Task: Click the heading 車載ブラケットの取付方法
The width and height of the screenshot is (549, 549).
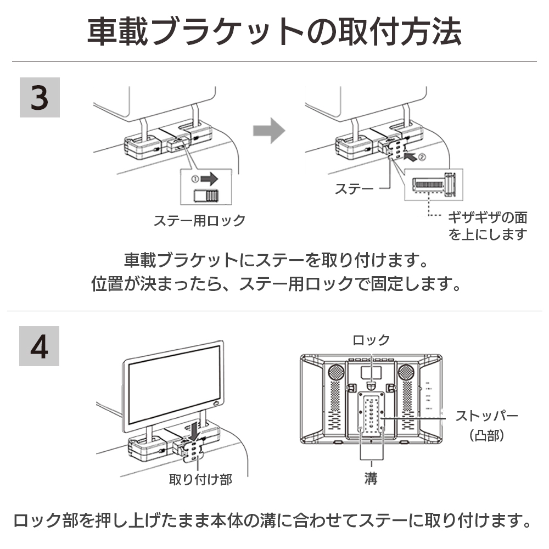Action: coord(274,32)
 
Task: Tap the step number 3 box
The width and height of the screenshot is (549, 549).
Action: coord(40,97)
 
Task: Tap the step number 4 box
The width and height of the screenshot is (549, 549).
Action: coord(40,346)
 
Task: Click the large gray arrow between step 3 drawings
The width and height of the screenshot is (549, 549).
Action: coord(269,132)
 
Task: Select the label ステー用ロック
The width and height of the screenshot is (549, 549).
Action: coord(199,221)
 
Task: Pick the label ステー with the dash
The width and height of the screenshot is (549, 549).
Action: coord(354,189)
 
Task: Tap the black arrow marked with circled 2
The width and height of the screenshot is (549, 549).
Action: coord(412,157)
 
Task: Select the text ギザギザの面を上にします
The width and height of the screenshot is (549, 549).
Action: coord(488,226)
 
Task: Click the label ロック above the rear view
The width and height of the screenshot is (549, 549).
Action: coord(371,340)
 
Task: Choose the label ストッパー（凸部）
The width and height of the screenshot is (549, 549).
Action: coord(486,425)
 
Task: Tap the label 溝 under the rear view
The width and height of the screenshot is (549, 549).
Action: coord(371,478)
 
